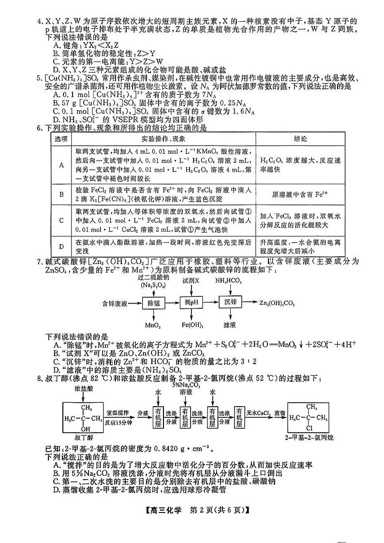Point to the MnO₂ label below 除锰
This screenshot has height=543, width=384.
pyautogui.click(x=153, y=325)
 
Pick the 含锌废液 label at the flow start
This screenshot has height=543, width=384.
pyautogui.click(x=115, y=304)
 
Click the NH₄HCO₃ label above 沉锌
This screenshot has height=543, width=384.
pyautogui.click(x=229, y=280)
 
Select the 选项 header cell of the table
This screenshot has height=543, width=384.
pyautogui.click(x=61, y=139)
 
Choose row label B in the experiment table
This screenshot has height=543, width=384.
pyautogui.click(x=61, y=194)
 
